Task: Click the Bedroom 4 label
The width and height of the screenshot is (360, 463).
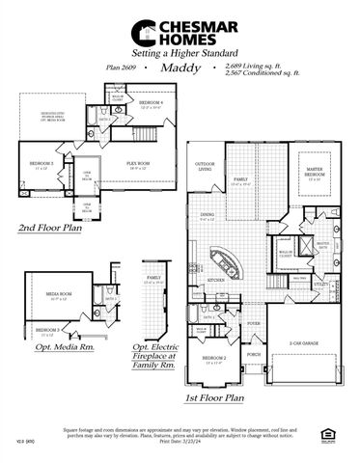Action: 149,101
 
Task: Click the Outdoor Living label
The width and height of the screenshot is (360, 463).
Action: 204,166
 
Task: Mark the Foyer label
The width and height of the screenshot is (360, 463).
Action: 254,324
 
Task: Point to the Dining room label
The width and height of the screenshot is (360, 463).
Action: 207,216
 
